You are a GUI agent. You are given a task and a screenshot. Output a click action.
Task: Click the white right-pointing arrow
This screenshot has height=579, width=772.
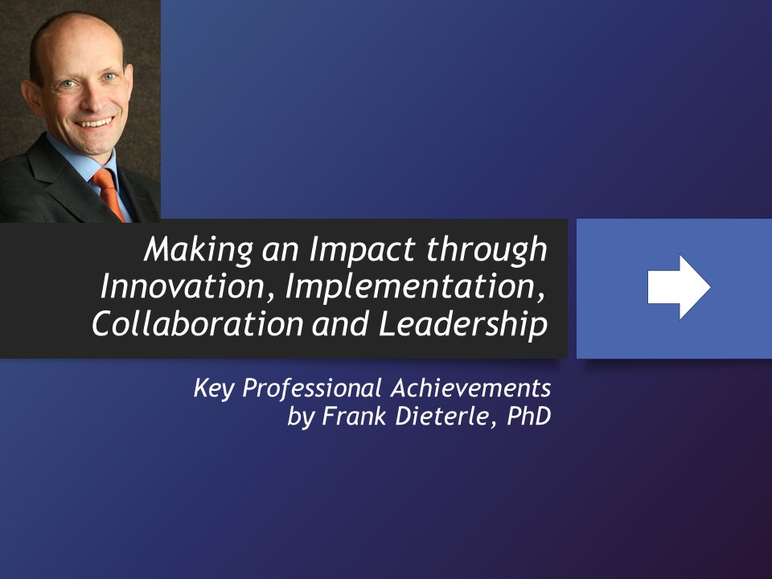click(x=679, y=287)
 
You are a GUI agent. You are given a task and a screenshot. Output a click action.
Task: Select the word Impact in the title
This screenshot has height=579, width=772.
click(x=342, y=251)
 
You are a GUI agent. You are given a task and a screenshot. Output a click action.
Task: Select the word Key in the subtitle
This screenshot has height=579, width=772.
click(x=214, y=389)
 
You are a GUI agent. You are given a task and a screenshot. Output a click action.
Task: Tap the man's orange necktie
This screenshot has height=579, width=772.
click(x=109, y=193)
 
